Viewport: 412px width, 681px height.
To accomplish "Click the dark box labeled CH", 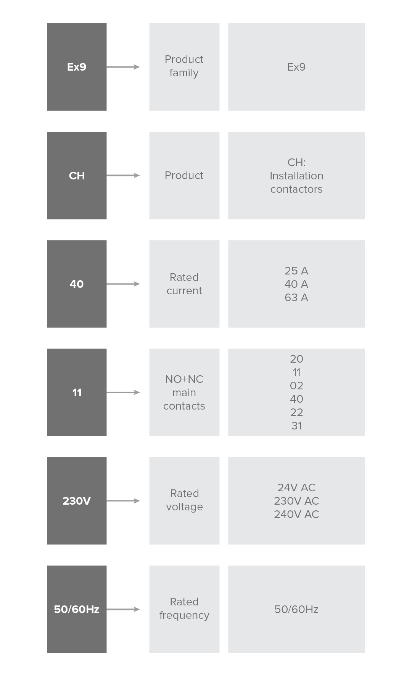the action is pos(77,176).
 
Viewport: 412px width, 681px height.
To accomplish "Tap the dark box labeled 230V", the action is pos(77,501).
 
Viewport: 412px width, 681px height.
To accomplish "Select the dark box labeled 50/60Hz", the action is pos(77,609).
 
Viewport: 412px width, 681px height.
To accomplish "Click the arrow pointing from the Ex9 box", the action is pos(123,67).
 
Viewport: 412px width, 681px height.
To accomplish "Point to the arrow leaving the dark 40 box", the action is pos(123,284).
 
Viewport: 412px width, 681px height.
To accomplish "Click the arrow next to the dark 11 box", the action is pos(123,392).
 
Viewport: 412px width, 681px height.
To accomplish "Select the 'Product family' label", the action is pos(184,66).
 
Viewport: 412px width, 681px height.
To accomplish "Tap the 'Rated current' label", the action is pos(184,284).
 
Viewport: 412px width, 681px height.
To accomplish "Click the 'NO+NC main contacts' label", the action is pos(184,392).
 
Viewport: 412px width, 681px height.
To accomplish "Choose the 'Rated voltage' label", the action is pos(184,500).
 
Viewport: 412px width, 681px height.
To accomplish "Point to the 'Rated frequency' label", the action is pos(184,608).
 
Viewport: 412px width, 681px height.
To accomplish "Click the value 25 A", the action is pos(296,271).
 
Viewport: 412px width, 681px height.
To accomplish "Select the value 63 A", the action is pos(296,297).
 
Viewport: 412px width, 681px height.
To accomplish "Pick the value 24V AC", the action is pos(296,487).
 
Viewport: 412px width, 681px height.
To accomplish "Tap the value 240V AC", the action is pos(296,514).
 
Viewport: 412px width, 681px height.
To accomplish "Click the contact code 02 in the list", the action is pos(296,386).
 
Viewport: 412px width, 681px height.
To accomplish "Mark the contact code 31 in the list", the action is pos(296,426).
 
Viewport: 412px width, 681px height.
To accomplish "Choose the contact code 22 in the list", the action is pos(296,412).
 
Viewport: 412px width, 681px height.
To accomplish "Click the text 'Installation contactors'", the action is pos(296,182).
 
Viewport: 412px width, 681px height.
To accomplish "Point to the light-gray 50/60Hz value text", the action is pos(296,609).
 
